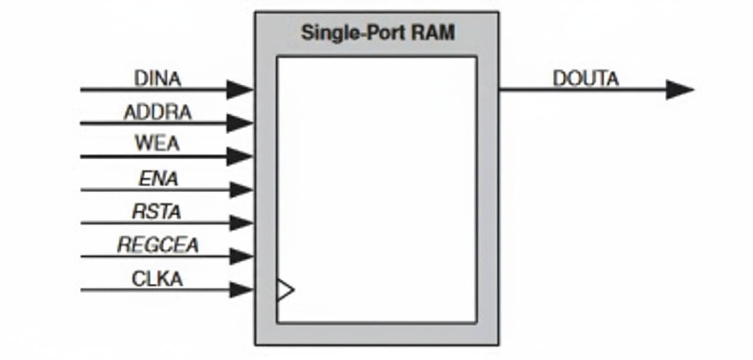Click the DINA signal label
158,79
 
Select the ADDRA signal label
158,112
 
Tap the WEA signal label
158,144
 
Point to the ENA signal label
159,178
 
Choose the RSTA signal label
157,211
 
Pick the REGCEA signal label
158,245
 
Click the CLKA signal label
157,279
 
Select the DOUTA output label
585,79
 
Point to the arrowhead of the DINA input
239,89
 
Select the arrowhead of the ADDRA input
239,123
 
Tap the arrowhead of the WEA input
239,156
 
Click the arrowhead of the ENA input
240,190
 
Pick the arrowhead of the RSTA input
240,223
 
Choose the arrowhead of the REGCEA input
240,256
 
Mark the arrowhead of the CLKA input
240,290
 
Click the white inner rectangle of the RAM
377,189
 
